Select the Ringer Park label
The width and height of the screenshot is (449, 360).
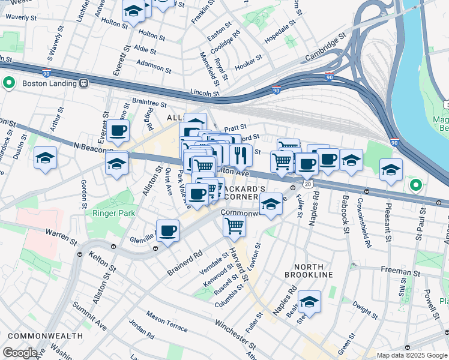pyautogui.click(x=111, y=212)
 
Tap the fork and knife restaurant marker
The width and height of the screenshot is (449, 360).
pyautogui.click(x=241, y=155)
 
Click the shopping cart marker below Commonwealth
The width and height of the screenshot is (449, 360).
pyautogui.click(x=234, y=226)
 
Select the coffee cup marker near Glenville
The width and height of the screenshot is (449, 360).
pyautogui.click(x=168, y=230)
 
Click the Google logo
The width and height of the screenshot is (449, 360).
pyautogui.click(x=20, y=353)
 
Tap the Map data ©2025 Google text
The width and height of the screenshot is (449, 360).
pyautogui.click(x=412, y=355)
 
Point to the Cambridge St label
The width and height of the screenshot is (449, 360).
pyautogui.click(x=326, y=46)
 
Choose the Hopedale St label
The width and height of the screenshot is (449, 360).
pyautogui.click(x=280, y=34)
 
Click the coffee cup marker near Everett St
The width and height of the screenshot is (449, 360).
pyautogui.click(x=118, y=130)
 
